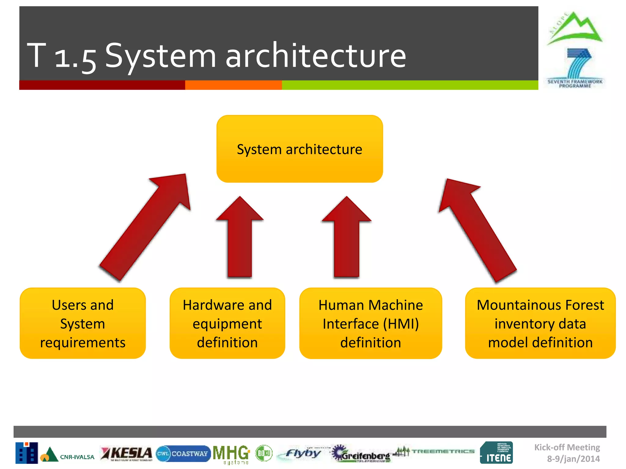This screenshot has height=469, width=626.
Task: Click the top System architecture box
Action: (x=300, y=149)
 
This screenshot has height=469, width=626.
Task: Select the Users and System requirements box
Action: (x=83, y=323)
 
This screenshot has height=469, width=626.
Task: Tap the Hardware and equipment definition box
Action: (x=227, y=323)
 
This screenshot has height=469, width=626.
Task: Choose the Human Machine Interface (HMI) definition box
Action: (x=370, y=323)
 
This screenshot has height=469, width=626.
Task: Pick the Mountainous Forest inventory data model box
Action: (x=540, y=323)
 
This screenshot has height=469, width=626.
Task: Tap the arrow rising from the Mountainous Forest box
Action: (x=477, y=229)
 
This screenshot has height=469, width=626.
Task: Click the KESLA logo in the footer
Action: (x=127, y=453)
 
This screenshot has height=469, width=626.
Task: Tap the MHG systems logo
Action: (x=231, y=454)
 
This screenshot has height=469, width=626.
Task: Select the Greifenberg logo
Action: (x=362, y=454)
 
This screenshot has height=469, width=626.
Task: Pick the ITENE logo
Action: (x=496, y=453)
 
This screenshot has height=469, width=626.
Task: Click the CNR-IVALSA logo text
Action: (x=77, y=457)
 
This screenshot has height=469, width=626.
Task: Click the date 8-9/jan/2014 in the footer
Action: (x=573, y=459)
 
